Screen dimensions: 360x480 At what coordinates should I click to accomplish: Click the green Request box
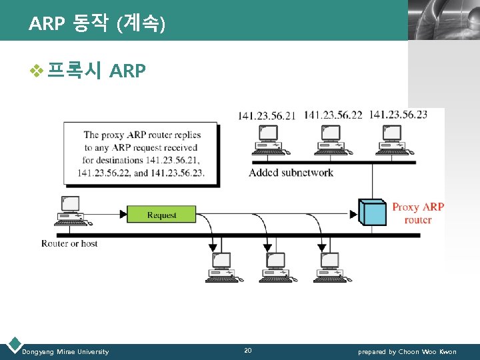pos(161,215)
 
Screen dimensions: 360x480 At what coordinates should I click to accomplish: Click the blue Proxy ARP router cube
pos(372,212)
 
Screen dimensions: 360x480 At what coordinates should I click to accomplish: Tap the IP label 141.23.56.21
pos(267,115)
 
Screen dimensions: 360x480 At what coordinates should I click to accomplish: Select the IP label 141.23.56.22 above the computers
pos(333,115)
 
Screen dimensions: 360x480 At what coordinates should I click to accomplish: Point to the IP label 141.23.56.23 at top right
pos(398,114)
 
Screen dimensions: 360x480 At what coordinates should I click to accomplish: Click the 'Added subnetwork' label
pos(291,173)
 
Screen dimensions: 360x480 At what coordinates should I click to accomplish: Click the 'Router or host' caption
pos(69,244)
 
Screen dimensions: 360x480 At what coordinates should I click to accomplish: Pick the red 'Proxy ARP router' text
pos(418,213)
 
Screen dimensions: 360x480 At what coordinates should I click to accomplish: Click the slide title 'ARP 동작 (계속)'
pos(97,25)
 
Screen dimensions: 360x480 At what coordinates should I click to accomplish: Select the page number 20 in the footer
pos(248,351)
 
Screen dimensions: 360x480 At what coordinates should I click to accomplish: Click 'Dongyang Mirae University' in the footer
pos(65,351)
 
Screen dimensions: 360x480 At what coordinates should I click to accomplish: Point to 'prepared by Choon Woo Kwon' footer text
pos(407,351)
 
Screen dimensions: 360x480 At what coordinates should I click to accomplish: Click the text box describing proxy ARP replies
pos(141,153)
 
